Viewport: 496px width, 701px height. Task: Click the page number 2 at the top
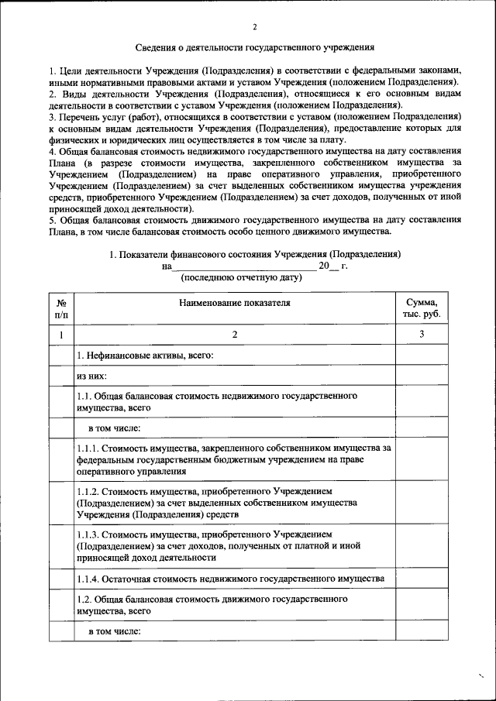255,28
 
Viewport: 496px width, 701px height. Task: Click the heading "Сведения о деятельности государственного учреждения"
255,47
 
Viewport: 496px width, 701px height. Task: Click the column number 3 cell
421,335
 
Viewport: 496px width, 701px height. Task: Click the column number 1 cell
61,335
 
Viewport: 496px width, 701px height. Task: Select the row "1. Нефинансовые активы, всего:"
144,356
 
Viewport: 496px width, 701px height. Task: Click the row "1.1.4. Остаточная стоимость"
229,579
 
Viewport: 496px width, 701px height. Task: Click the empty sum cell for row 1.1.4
421,579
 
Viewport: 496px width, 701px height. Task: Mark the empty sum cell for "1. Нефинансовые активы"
421,356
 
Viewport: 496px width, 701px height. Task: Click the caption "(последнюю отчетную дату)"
240,277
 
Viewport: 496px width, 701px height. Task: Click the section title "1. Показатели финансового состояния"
255,254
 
